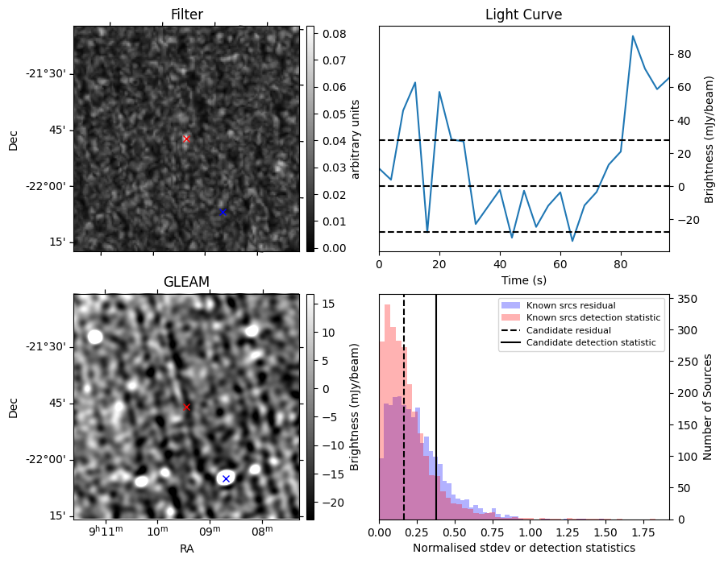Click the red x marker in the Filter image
(186, 139)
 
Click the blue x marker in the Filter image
(223, 212)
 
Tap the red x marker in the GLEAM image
(186, 408)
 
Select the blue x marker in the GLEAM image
(226, 478)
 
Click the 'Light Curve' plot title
(523, 14)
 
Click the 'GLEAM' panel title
(186, 282)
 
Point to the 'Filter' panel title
(186, 14)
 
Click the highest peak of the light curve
(633, 36)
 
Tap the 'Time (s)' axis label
(523, 280)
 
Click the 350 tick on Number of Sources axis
(686, 298)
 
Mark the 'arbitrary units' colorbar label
(356, 139)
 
